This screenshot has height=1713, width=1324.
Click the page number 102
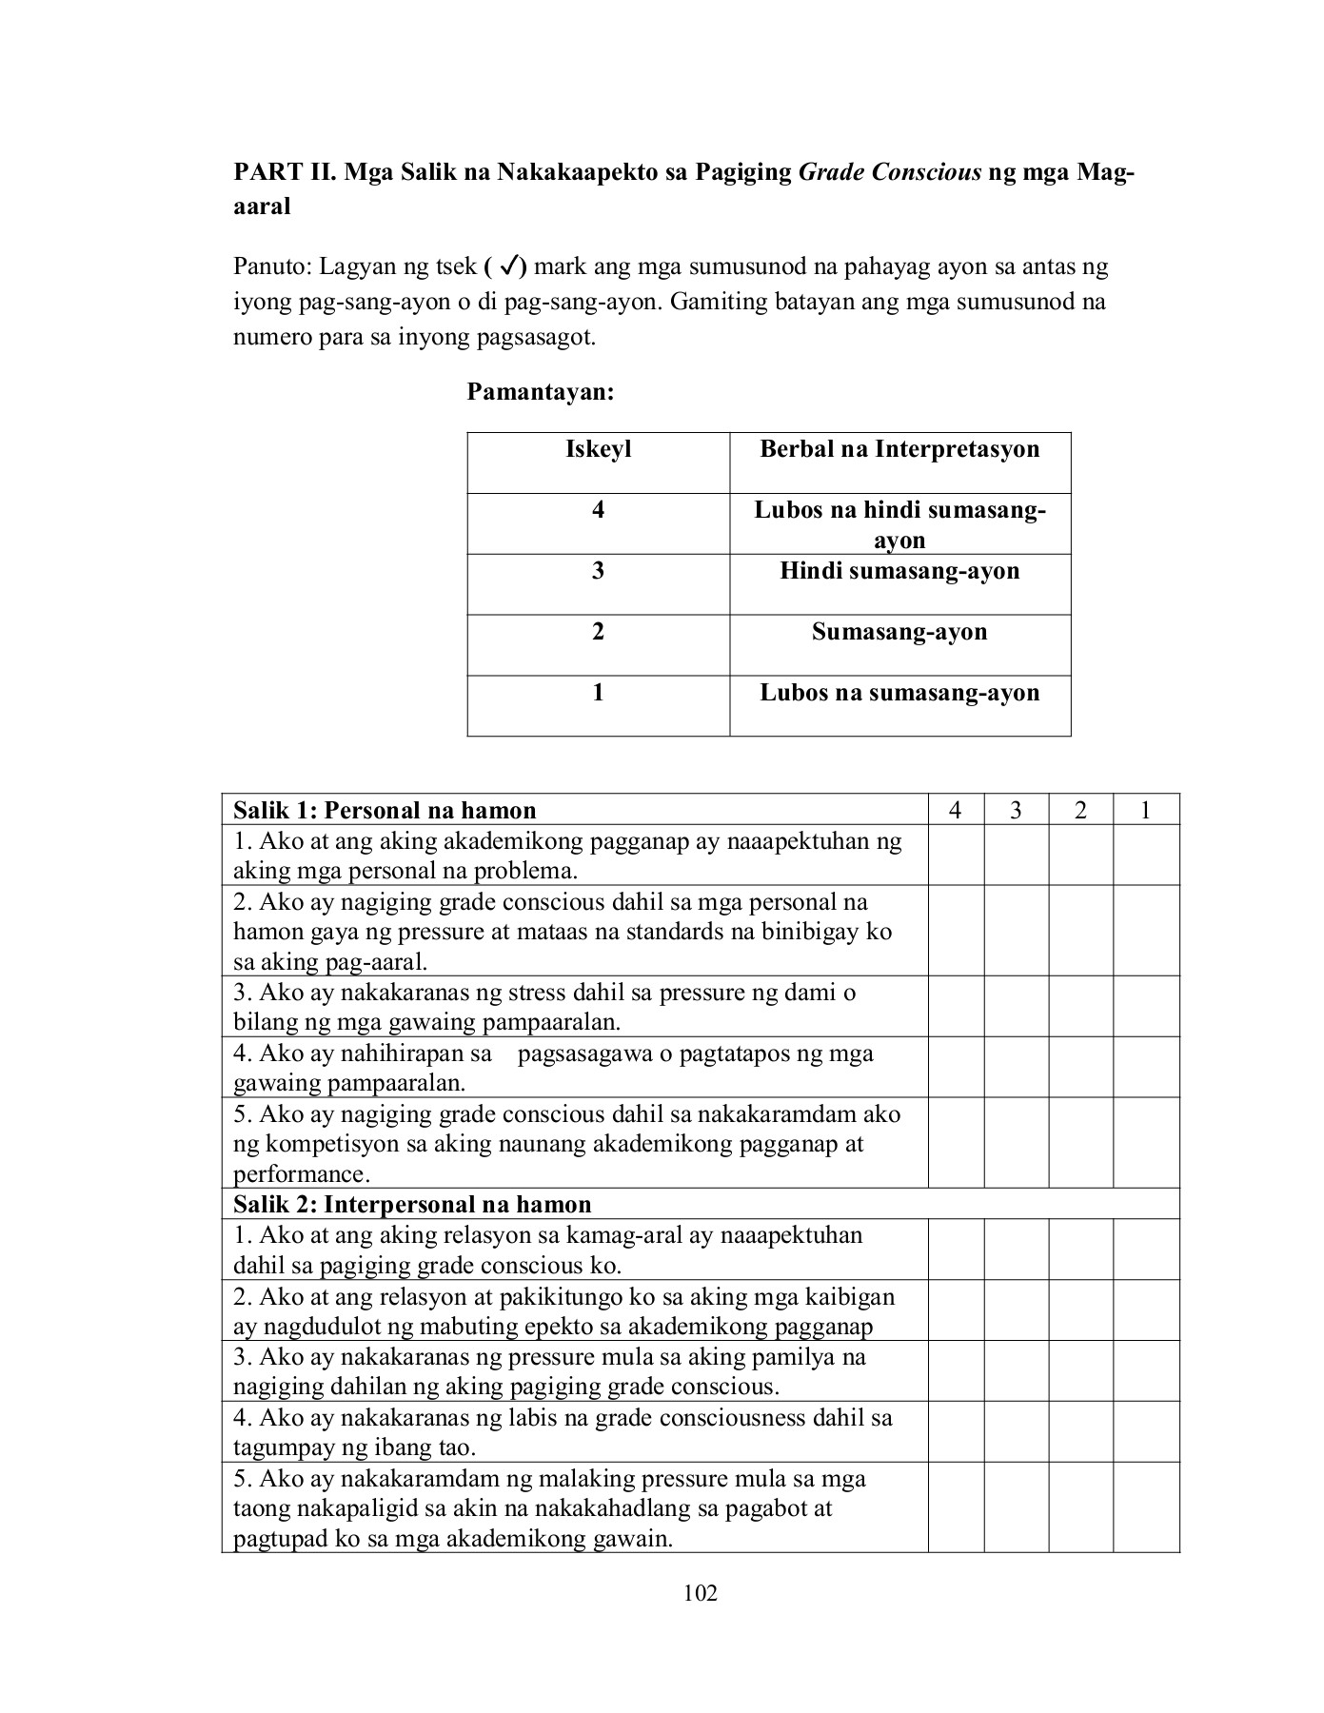pyautogui.click(x=701, y=1593)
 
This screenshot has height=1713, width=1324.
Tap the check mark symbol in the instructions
pyautogui.click(x=507, y=267)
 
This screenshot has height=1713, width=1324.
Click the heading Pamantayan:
pyautogui.click(x=540, y=392)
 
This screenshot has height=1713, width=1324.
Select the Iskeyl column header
pyautogui.click(x=598, y=449)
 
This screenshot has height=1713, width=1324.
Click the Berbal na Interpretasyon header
pyautogui.click(x=899, y=449)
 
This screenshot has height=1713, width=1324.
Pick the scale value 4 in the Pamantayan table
pyautogui.click(x=598, y=510)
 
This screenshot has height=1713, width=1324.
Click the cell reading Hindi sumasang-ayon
pyautogui.click(x=899, y=571)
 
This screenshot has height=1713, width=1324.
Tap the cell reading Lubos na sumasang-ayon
pyautogui.click(x=899, y=693)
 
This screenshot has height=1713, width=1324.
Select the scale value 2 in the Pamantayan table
pyautogui.click(x=598, y=632)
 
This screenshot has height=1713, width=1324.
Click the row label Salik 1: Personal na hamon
pyautogui.click(x=385, y=810)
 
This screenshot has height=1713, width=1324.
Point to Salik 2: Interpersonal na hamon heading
pyautogui.click(x=412, y=1204)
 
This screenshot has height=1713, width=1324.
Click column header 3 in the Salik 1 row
pyautogui.click(x=1016, y=810)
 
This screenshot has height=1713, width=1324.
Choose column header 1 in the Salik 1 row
pyautogui.click(x=1146, y=810)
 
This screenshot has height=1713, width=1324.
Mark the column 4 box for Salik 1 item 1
pyautogui.click(x=956, y=855)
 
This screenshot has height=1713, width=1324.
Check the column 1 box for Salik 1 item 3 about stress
pyautogui.click(x=1146, y=1006)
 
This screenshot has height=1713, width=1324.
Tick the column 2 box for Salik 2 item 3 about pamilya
pyautogui.click(x=1080, y=1370)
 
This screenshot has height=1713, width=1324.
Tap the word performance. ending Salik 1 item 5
pyautogui.click(x=302, y=1174)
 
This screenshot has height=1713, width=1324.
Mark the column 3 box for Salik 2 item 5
pyautogui.click(x=1016, y=1507)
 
